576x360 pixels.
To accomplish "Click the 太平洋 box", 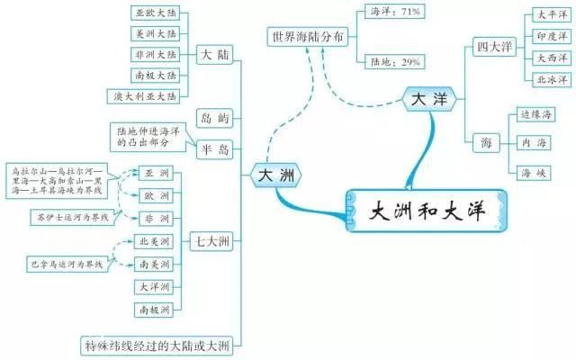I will click(x=552, y=15).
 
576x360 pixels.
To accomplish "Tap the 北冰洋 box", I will click(x=552, y=78).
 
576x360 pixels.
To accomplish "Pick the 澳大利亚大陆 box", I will click(x=160, y=95).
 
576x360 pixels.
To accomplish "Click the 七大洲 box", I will click(x=212, y=240).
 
